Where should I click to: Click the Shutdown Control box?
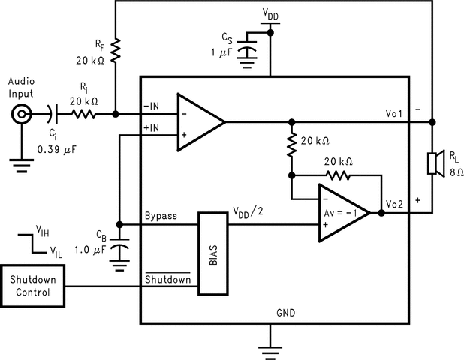(x=32, y=285)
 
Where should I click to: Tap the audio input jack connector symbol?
(x=20, y=115)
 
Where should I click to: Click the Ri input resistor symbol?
(x=83, y=115)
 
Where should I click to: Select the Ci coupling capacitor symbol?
(x=51, y=115)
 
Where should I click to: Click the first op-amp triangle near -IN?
(x=200, y=121)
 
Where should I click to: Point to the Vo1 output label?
(x=395, y=112)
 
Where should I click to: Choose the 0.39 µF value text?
(x=58, y=149)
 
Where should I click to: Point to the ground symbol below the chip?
(x=270, y=345)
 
